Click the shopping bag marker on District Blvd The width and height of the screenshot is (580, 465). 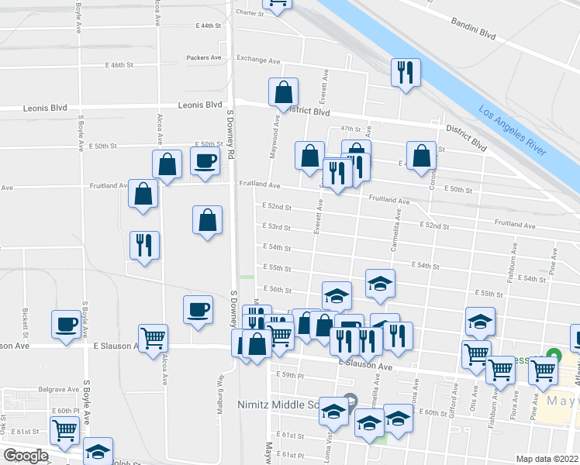(284, 92)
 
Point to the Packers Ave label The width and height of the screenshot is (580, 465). (204, 57)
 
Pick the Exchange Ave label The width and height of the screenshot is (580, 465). (258, 60)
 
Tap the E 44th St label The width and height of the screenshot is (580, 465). (207, 26)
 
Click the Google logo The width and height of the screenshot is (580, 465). (26, 456)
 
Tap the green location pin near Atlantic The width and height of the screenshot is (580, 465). (553, 356)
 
